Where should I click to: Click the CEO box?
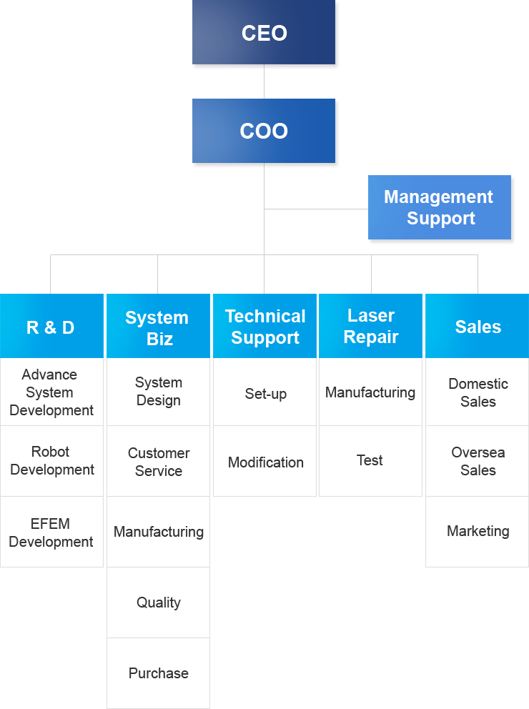(264, 33)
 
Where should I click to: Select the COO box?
(264, 131)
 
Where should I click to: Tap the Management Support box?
(440, 207)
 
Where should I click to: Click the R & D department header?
(51, 327)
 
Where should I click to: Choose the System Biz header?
(157, 327)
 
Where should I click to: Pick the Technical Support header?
(264, 327)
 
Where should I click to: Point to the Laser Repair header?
(370, 326)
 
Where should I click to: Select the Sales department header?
(478, 327)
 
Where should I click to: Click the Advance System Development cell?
(51, 392)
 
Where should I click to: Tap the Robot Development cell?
(51, 461)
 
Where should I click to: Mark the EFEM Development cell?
(51, 532)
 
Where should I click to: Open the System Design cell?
(158, 392)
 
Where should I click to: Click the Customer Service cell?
(158, 462)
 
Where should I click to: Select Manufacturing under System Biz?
(158, 532)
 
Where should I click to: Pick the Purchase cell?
(158, 673)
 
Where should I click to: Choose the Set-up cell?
(265, 393)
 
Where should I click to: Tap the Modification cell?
(265, 462)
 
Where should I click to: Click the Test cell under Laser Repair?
(370, 460)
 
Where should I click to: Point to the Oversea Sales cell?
(478, 462)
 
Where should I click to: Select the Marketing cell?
(478, 531)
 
